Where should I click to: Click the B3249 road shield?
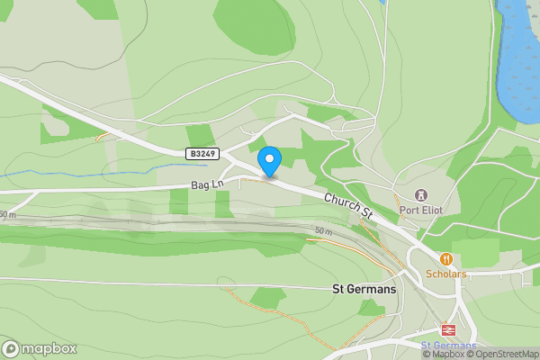tap(201, 154)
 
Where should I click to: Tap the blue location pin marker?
tap(269, 161)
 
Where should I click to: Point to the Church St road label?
tap(349, 207)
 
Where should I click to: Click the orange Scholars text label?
tap(446, 274)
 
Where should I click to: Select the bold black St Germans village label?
tap(364, 290)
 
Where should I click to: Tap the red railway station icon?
tap(447, 329)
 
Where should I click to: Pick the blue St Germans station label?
tap(447, 346)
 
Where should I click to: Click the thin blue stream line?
tap(90, 171)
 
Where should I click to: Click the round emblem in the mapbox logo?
tap(11, 349)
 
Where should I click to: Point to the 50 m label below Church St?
tap(324, 231)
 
